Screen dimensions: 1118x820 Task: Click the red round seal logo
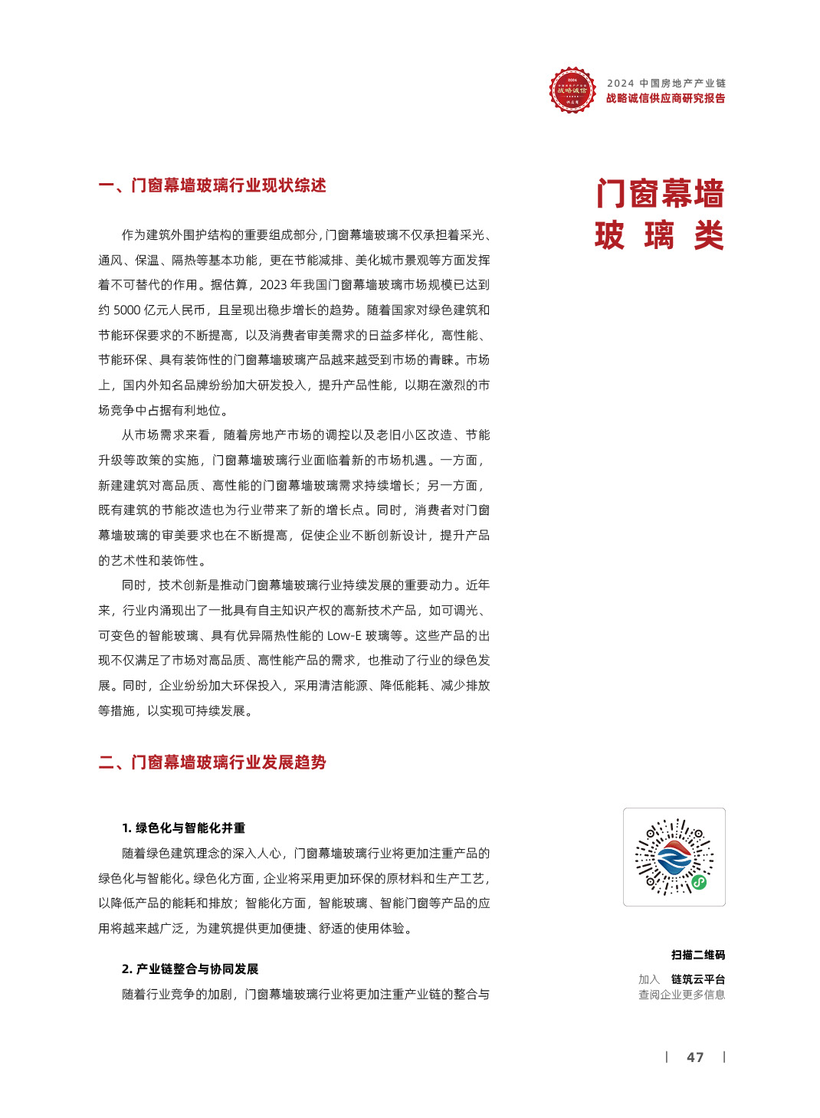pos(572,90)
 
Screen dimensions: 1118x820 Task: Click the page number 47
pos(695,1057)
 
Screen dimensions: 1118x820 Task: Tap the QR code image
pos(674,857)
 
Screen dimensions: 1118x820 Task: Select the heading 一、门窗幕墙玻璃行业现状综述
pos(212,185)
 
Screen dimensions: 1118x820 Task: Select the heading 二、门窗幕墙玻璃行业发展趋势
pos(212,762)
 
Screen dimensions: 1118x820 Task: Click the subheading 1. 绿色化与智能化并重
pos(183,828)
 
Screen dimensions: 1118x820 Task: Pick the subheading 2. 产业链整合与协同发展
pos(190,969)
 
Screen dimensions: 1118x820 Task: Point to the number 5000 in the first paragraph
pos(126,310)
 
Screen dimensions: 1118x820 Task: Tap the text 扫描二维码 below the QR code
pos(698,955)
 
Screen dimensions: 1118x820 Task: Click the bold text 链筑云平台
pos(698,979)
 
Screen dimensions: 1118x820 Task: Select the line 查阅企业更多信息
pos(681,995)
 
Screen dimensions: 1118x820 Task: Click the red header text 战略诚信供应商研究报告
pos(665,98)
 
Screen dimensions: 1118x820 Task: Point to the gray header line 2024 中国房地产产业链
pos(666,83)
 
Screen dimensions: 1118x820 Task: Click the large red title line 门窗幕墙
pos(660,194)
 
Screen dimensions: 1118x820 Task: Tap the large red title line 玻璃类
pos(660,235)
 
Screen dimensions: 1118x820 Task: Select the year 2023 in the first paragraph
pos(273,285)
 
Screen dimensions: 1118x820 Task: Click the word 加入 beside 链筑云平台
pos(648,979)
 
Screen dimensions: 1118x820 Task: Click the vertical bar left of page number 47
pos(667,1057)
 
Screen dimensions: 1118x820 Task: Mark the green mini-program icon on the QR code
pos(699,882)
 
